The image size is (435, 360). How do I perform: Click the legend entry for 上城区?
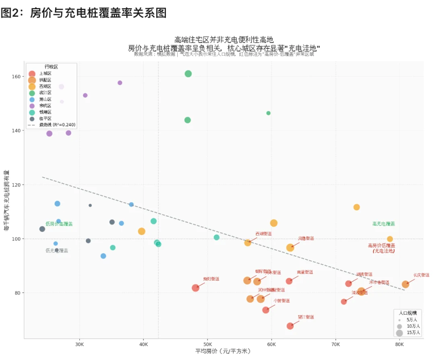tap(45, 73)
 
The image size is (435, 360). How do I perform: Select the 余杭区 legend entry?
tap(45, 106)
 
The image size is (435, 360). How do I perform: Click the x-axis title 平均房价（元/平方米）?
tap(223, 352)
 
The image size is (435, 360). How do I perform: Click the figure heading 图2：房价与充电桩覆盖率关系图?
tap(83, 13)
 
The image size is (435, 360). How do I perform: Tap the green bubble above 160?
tap(188, 74)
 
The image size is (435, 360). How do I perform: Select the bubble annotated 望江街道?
tap(290, 326)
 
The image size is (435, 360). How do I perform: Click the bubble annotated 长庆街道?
tap(405, 284)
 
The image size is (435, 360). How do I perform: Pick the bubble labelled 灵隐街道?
tap(290, 248)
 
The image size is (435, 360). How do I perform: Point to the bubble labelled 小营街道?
tap(265, 310)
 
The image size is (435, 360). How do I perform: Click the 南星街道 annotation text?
tap(305, 272)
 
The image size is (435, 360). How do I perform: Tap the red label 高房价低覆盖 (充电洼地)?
tap(381, 248)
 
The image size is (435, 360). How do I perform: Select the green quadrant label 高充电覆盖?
tap(383, 224)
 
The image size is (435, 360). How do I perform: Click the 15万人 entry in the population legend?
tap(413, 333)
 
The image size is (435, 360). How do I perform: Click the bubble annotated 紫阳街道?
tap(195, 288)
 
